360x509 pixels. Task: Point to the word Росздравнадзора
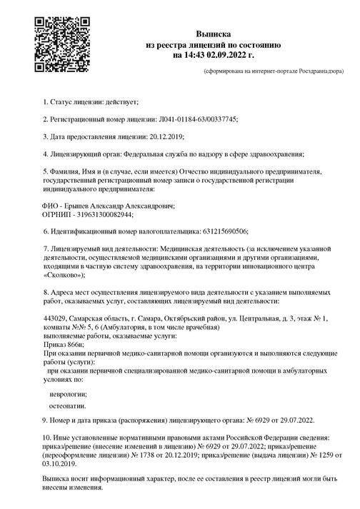(x=317, y=72)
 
